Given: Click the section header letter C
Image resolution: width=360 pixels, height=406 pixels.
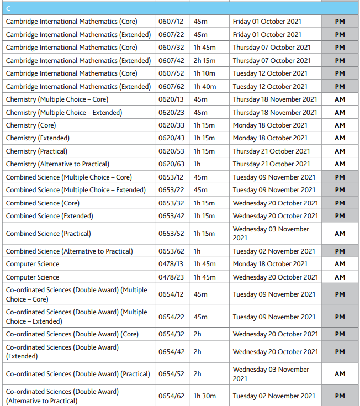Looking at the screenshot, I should [8, 8].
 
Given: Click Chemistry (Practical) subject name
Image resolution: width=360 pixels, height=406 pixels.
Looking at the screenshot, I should [36, 151].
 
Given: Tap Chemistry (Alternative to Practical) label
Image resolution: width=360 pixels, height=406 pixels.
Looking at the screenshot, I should [57, 164].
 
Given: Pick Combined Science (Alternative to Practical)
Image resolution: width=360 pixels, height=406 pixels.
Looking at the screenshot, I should [69, 251].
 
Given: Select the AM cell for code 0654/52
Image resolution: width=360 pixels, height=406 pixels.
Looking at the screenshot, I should [340, 374].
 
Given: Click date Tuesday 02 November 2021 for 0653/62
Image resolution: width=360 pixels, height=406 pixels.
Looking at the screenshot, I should [274, 251].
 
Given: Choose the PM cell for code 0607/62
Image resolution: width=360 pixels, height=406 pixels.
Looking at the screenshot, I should [340, 87].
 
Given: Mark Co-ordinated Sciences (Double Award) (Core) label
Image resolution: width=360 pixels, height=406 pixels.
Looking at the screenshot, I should [72, 334].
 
